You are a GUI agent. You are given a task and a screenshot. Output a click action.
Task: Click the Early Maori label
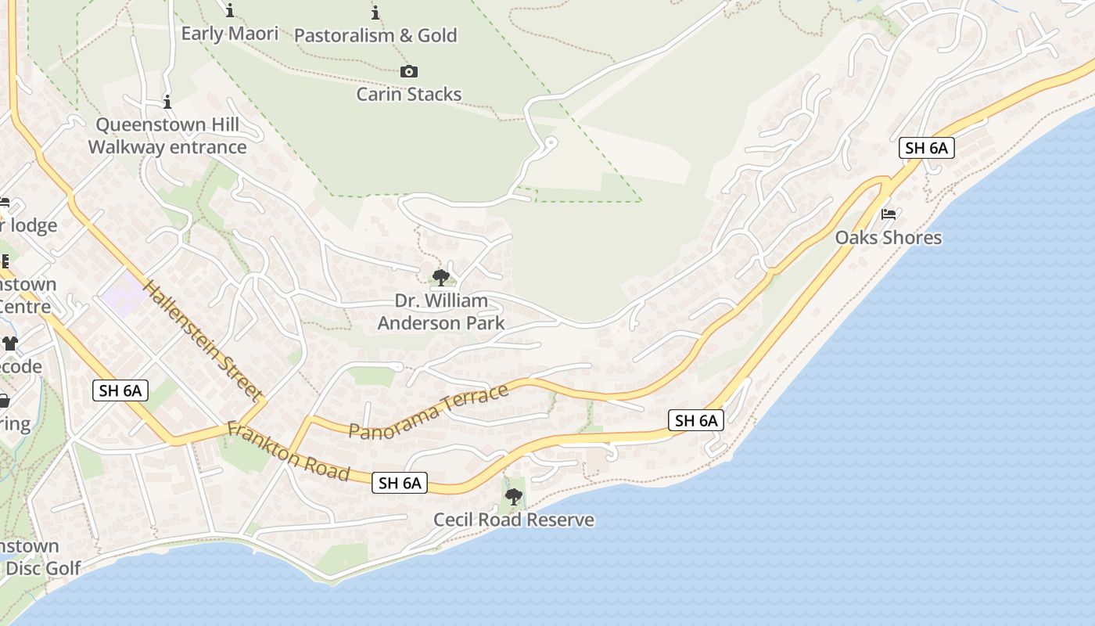coord(230,34)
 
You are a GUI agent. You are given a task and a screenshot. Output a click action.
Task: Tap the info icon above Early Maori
coord(230,11)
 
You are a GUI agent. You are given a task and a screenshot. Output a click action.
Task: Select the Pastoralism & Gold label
coord(375,35)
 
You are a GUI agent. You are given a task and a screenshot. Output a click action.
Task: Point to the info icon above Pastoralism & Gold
coord(375,13)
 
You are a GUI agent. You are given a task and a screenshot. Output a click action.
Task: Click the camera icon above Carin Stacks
coord(408,72)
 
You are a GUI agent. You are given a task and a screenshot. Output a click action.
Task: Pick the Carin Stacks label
coord(409,95)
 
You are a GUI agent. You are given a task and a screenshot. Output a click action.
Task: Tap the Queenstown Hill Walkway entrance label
coord(167,136)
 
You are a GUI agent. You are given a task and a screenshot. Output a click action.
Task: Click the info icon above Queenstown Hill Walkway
coord(167,103)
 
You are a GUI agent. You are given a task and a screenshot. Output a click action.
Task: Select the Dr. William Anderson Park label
coord(441,311)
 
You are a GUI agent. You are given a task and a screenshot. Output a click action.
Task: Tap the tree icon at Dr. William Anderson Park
coord(441,277)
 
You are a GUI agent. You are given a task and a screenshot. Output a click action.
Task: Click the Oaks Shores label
coord(889,237)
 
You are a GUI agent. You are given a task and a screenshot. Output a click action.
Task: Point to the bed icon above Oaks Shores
coord(889,214)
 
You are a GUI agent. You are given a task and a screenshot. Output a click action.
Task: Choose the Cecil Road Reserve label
coord(514,520)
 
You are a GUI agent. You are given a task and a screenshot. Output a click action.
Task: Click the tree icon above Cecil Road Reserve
coord(514,496)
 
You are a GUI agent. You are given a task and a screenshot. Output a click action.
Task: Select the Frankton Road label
coord(288,452)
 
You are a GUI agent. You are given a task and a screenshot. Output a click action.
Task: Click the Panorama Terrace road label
coord(429,412)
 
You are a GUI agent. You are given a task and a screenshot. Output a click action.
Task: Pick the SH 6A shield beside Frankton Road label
coord(400,483)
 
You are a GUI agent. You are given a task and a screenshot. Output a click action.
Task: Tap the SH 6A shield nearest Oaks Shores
coord(926,148)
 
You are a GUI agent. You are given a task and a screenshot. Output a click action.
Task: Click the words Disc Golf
coord(43,568)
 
